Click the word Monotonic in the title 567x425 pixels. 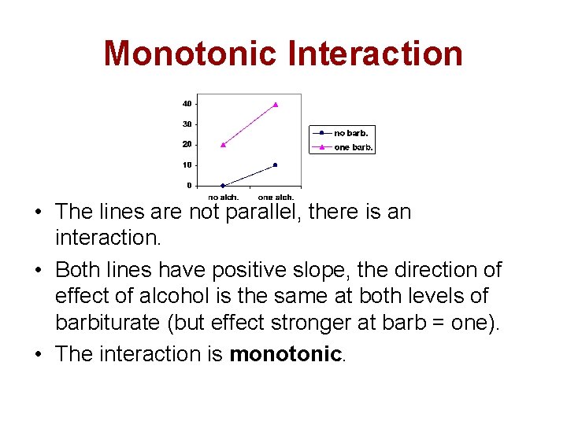191,54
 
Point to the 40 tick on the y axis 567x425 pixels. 187,104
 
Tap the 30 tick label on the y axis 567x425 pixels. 187,124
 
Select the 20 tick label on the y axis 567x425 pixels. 187,145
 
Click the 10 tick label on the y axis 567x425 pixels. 187,165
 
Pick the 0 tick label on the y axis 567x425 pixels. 189,186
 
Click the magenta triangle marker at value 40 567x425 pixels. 276,104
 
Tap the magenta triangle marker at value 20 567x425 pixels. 223,145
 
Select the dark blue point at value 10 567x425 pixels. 276,165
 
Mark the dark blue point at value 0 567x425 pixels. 223,186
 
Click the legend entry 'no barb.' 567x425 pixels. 350,134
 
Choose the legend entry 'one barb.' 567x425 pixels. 354,147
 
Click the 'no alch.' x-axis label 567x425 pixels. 223,197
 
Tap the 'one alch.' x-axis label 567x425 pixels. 276,197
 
